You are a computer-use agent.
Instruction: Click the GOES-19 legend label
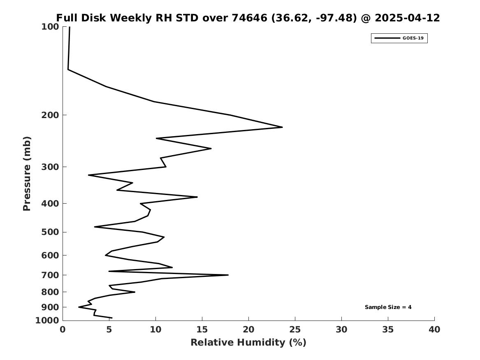pyautogui.click(x=413, y=38)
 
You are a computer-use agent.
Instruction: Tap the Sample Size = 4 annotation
pyautogui.click(x=388, y=307)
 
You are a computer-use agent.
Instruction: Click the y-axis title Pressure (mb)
pyautogui.click(x=27, y=174)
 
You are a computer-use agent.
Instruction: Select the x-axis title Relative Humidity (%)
pyautogui.click(x=248, y=342)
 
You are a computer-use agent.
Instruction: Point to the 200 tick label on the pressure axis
pyautogui.click(x=50, y=115)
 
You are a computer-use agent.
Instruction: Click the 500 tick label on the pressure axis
pyautogui.click(x=50, y=232)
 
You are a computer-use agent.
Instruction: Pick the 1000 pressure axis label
pyautogui.click(x=47, y=320)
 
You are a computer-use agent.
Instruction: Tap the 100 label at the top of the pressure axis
pyautogui.click(x=50, y=27)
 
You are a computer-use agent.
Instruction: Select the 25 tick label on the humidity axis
pyautogui.click(x=295, y=330)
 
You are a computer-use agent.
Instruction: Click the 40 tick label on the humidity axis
pyautogui.click(x=434, y=330)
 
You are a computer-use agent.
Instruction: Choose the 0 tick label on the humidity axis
pyautogui.click(x=63, y=330)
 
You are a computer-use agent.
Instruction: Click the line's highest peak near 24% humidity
pyautogui.click(x=282, y=127)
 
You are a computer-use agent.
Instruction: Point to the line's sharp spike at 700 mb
pyautogui.click(x=228, y=275)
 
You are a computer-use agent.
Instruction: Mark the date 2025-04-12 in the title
pyautogui.click(x=407, y=18)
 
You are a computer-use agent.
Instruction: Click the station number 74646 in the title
pyautogui.click(x=250, y=18)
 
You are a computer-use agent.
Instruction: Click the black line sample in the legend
pyautogui.click(x=387, y=38)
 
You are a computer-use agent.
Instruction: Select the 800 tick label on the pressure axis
pyautogui.click(x=50, y=292)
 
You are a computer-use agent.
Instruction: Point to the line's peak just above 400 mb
pyautogui.click(x=197, y=197)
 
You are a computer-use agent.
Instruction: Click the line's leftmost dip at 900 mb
pyautogui.click(x=79, y=307)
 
